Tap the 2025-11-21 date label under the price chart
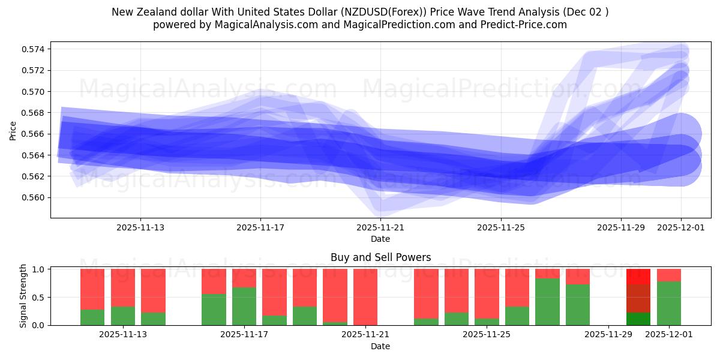(380, 228)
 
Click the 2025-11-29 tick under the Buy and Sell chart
(608, 335)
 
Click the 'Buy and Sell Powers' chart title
(380, 257)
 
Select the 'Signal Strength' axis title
(23, 296)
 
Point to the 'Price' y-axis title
(13, 130)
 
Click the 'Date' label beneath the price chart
(380, 239)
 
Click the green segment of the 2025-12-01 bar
(669, 303)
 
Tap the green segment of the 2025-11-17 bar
(244, 306)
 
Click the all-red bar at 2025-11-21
(365, 296)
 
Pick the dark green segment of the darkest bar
(638, 319)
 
